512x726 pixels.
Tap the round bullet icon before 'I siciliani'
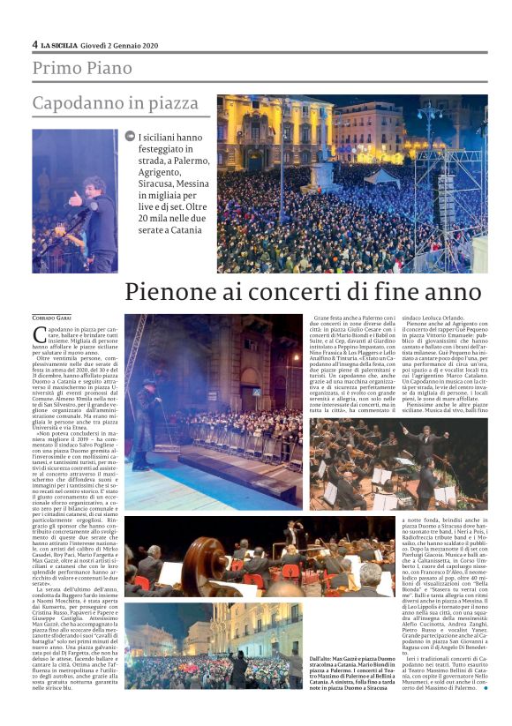pos(130,137)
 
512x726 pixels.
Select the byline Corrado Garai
pos(51,317)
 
